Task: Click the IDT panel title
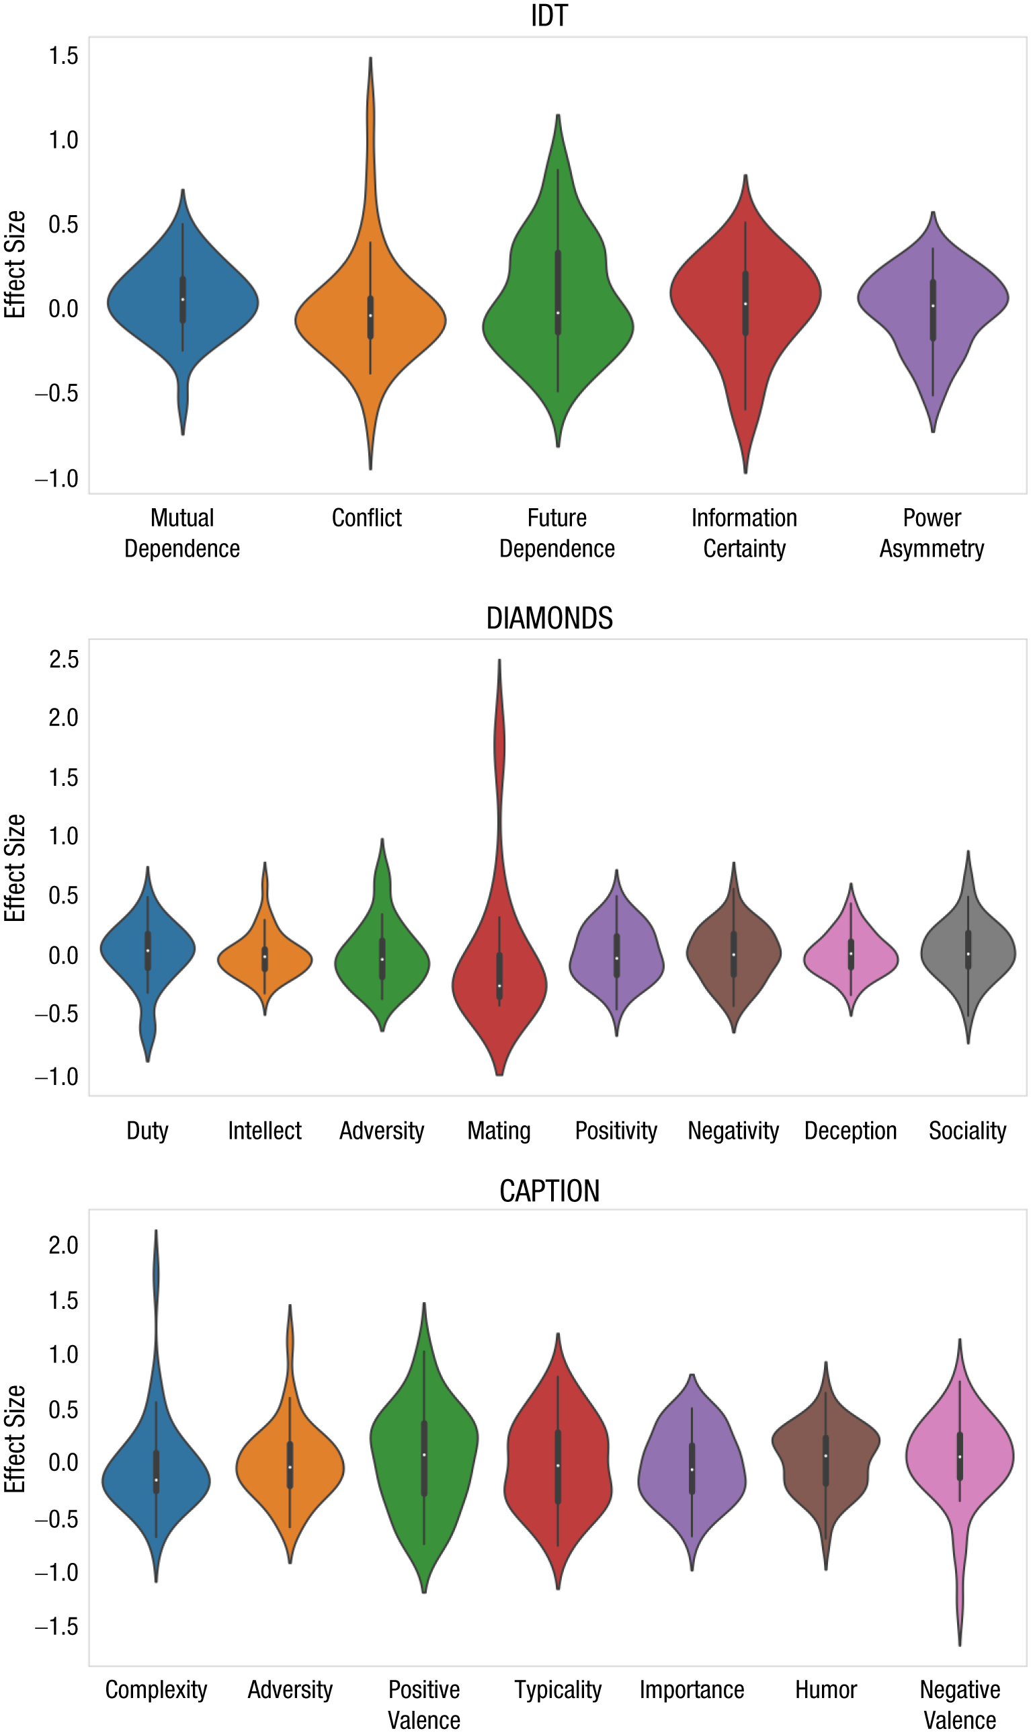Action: (x=549, y=15)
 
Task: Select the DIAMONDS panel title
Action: (x=549, y=618)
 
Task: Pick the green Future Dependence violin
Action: (x=558, y=306)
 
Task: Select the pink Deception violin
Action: (x=851, y=956)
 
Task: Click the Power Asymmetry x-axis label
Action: (x=932, y=533)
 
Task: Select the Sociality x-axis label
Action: (x=968, y=1131)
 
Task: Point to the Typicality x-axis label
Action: (x=558, y=1689)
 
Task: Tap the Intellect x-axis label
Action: (x=265, y=1131)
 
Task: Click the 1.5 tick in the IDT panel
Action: (x=63, y=56)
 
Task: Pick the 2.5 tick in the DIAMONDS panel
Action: (x=63, y=659)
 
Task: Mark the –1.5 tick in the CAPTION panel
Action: (x=57, y=1627)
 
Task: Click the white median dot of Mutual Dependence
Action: (x=183, y=300)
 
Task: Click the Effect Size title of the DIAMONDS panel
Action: (x=15, y=868)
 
